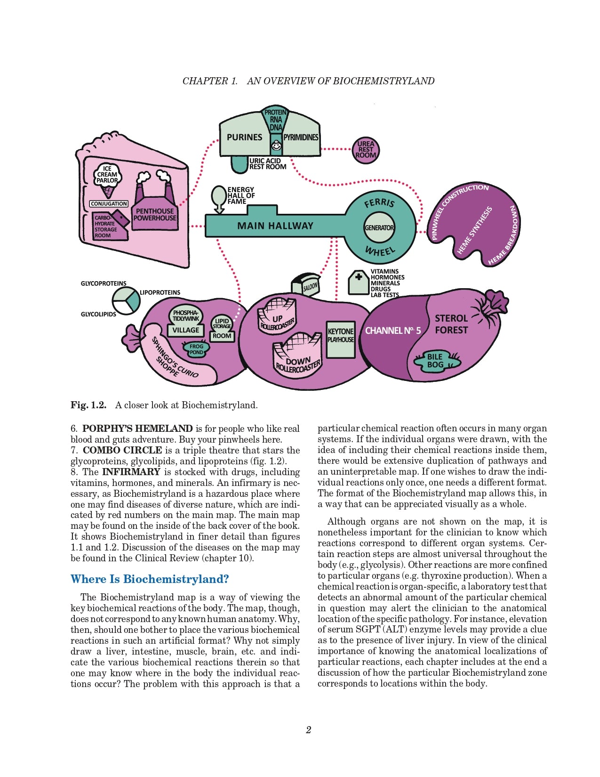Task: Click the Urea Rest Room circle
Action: (366, 150)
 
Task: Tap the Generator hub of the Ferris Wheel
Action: (379, 227)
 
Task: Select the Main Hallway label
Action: (275, 226)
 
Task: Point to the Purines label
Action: (244, 138)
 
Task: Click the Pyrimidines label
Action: (301, 138)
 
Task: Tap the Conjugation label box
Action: (109, 204)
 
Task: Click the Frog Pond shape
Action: (196, 349)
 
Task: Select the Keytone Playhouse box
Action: (341, 339)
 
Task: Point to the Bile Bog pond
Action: (435, 361)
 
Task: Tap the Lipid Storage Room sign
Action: (222, 328)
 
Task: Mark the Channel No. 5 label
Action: (393, 331)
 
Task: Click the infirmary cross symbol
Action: (359, 277)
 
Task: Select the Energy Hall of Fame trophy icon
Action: (219, 197)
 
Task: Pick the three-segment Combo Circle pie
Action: (126, 300)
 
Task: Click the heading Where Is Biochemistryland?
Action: (150, 579)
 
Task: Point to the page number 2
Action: (308, 730)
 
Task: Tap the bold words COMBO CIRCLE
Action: (122, 450)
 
